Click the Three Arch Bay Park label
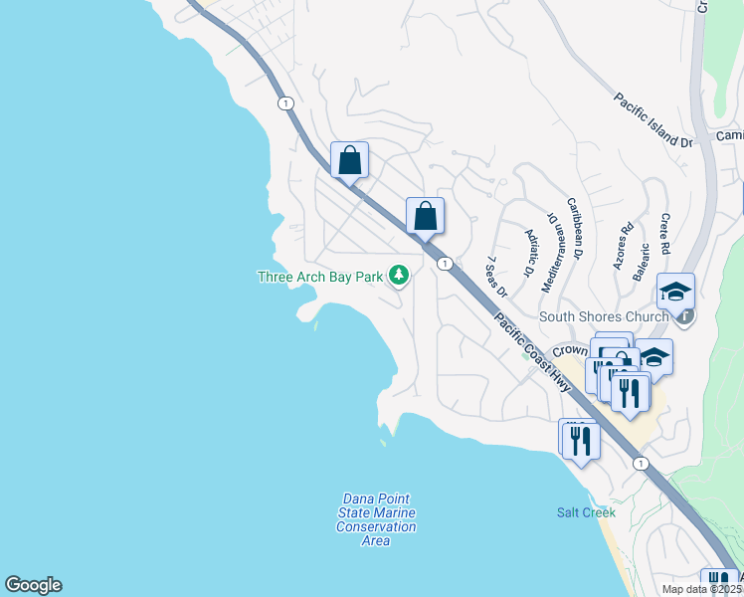[320, 277]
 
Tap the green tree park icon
[399, 275]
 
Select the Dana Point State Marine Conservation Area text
[375, 519]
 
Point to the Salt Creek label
[586, 512]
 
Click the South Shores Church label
[604, 317]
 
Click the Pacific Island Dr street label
[652, 120]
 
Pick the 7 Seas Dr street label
[496, 278]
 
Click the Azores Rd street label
[624, 247]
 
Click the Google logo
[33, 585]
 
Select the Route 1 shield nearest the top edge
[286, 102]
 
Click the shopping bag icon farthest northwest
[350, 159]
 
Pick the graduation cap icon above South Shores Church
[675, 292]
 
